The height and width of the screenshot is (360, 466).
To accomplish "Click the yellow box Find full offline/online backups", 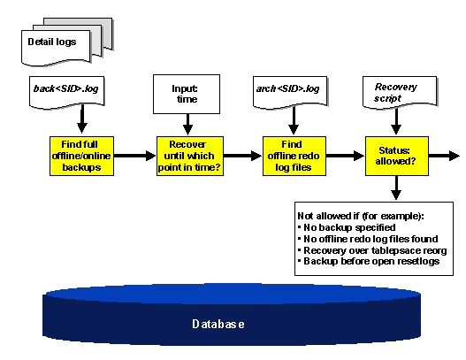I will [82, 157].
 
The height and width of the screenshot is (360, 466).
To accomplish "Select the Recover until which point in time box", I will [187, 157].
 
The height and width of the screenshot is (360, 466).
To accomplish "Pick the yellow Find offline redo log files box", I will [292, 157].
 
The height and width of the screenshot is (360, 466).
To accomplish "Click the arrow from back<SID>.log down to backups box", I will [82, 119].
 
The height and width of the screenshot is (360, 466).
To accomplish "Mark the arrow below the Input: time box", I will [187, 124].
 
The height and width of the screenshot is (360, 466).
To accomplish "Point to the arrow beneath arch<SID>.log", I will [292, 119].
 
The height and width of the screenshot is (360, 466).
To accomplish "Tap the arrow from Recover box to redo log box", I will [240, 157].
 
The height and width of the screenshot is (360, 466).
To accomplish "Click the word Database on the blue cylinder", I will [218, 324].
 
